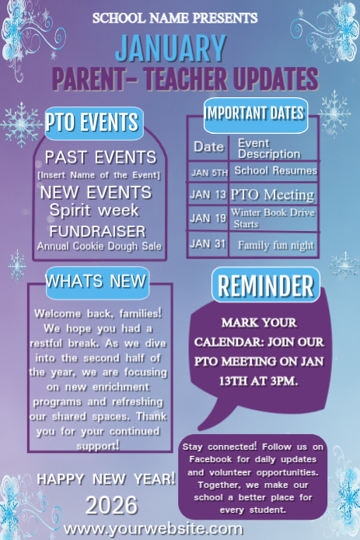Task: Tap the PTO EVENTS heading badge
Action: click(93, 122)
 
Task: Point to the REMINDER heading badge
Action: click(265, 286)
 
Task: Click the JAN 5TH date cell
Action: click(208, 171)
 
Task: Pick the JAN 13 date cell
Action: click(208, 195)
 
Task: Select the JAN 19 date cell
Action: click(208, 219)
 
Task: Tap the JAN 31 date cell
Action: click(208, 244)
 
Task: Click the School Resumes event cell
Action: click(275, 170)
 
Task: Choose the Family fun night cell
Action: click(275, 245)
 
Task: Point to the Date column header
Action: click(208, 147)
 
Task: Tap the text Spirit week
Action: click(94, 211)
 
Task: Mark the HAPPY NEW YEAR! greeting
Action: click(107, 478)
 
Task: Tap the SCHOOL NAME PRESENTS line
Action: click(175, 17)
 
